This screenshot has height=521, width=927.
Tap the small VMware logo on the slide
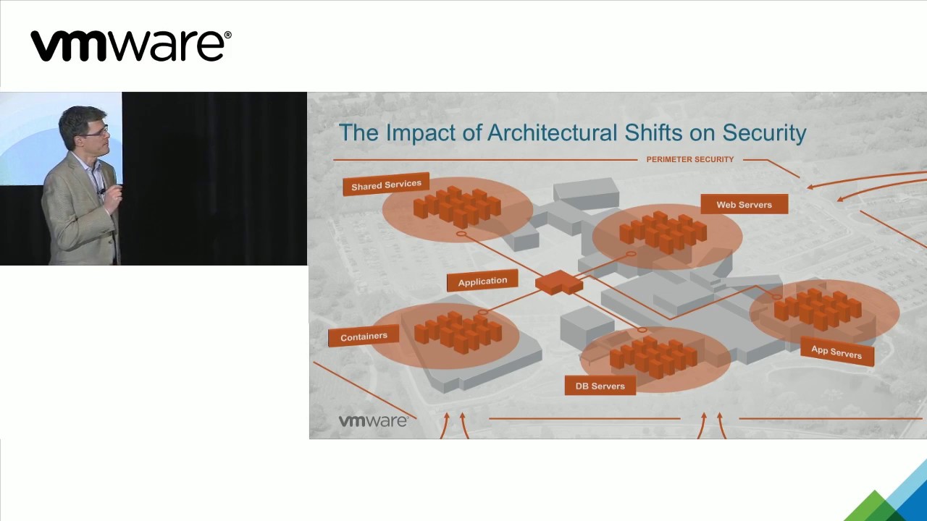click(x=373, y=421)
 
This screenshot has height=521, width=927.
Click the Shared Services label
click(x=386, y=185)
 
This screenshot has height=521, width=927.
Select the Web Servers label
click(x=744, y=205)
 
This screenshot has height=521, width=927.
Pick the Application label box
click(x=482, y=281)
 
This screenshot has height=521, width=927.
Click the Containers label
click(x=364, y=336)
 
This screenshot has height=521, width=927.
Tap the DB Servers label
click(x=600, y=386)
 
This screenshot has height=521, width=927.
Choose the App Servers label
click(x=836, y=352)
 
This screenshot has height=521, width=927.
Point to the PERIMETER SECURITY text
click(x=689, y=159)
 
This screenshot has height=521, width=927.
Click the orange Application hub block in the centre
click(x=558, y=281)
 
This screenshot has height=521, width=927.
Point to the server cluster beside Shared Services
click(x=457, y=206)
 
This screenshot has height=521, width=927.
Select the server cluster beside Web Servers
click(x=663, y=232)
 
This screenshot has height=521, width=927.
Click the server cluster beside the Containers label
click(x=458, y=331)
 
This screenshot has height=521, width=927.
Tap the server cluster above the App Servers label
click(x=818, y=308)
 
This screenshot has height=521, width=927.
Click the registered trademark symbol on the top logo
click(x=228, y=34)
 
